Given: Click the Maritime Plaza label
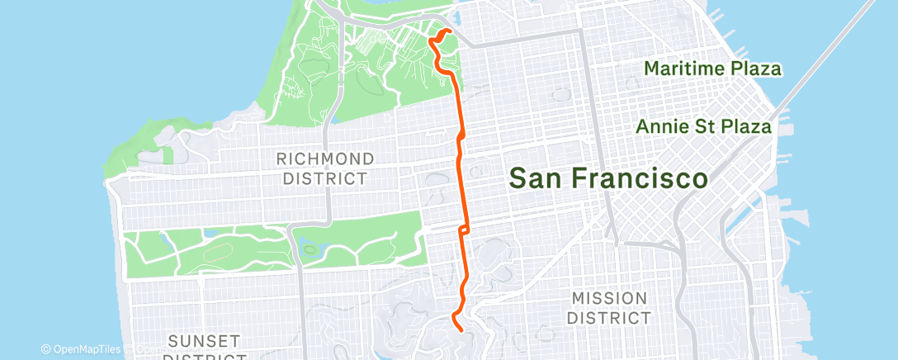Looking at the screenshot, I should tap(712, 69).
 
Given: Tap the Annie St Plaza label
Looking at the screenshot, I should tap(704, 127).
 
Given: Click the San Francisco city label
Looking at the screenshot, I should tap(608, 178).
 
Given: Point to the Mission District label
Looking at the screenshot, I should tap(612, 307).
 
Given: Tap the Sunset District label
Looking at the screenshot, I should tap(204, 347).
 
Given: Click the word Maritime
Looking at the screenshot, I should tap(682, 69).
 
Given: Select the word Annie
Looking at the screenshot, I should tap(662, 127).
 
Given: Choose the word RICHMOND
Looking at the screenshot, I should tap(325, 158).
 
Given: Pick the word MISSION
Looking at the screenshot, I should tap(612, 298).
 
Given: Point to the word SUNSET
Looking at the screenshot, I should tap(204, 340).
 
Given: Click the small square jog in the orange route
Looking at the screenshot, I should tap(466, 228).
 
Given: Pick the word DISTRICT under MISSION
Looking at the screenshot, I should tap(612, 317).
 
